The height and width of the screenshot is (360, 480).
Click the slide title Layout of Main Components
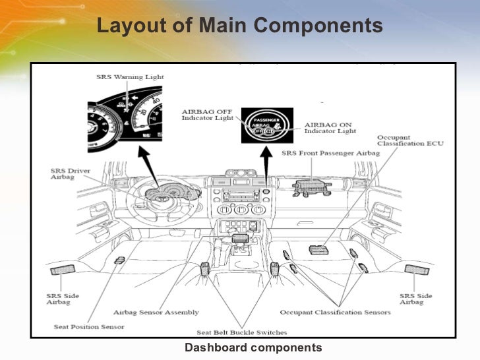tap(239, 26)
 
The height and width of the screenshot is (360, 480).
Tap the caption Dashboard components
tap(253, 347)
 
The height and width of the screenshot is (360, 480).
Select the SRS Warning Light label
tap(130, 77)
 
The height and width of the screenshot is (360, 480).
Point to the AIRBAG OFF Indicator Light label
tap(206, 114)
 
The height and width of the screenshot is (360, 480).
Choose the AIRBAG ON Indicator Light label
tap(330, 127)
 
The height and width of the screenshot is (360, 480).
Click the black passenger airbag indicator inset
tap(266, 125)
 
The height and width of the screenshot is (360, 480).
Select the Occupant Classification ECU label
tap(402, 140)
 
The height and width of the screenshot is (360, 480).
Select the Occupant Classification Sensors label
tap(335, 312)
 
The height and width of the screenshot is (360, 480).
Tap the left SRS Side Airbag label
tap(63, 299)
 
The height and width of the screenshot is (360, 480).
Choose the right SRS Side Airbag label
tap(416, 299)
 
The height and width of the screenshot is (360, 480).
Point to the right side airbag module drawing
tap(417, 269)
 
